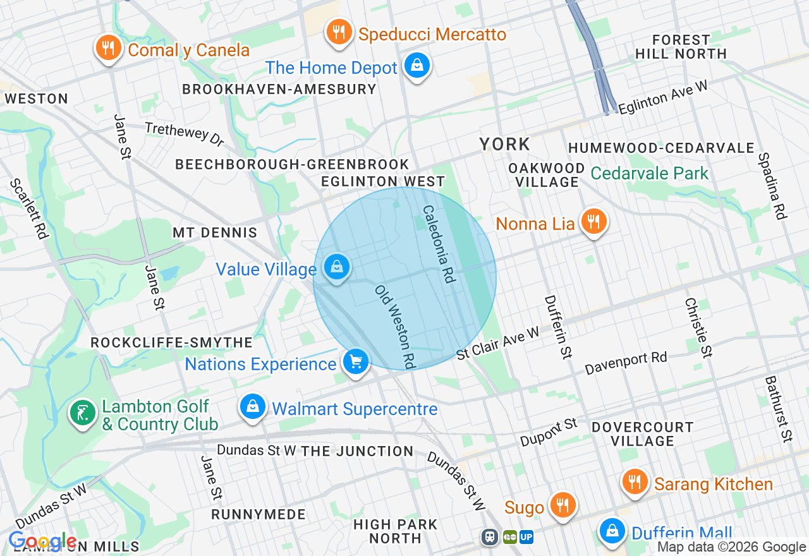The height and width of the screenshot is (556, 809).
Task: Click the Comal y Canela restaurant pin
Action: [109, 48]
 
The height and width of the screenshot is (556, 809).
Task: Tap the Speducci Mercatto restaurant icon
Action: [339, 32]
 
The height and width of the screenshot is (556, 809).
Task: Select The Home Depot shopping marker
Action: [417, 66]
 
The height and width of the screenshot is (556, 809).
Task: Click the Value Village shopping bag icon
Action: [337, 267]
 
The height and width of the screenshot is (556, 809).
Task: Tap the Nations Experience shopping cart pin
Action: [356, 362]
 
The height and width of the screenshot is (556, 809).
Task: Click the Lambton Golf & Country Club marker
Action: [82, 414]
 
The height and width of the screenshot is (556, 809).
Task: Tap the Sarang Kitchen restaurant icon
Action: [635, 483]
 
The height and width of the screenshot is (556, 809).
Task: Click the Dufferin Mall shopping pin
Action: [612, 531]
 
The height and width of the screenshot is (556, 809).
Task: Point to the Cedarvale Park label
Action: [650, 173]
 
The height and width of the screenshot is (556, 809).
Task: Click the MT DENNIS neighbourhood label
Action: [215, 233]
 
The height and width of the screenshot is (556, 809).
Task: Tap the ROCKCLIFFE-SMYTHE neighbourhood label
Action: [172, 342]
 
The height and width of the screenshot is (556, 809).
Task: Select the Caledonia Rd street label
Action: [439, 244]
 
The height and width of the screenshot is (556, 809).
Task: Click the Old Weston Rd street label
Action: [394, 327]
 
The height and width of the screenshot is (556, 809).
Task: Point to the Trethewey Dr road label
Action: [185, 133]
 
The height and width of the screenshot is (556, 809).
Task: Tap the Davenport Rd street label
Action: [626, 363]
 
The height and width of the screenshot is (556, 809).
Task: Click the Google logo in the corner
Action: [42, 541]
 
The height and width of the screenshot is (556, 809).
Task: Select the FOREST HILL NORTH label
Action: [681, 47]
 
